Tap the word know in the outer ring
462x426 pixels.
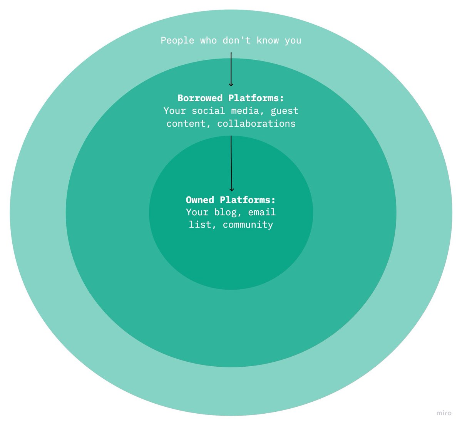coord(268,40)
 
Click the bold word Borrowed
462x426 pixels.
coord(200,98)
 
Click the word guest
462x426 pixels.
coord(285,111)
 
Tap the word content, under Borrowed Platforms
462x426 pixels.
coord(189,124)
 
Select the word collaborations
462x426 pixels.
coord(256,124)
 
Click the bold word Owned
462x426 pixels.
coord(200,200)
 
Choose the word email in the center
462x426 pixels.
coord(262,212)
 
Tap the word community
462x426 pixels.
coord(248,225)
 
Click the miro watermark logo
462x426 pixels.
coord(444,413)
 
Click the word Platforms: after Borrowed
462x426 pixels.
coord(256,98)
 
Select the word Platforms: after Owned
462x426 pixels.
coord(248,200)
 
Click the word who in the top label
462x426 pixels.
coord(208,40)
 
